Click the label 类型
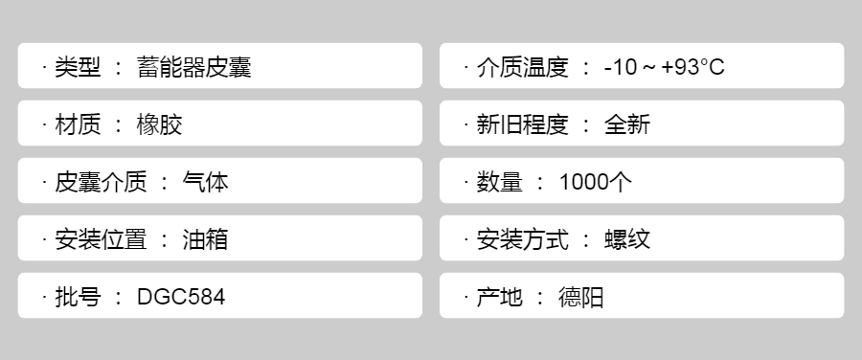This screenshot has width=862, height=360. [x=78, y=67]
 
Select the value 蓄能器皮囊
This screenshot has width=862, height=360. [x=194, y=67]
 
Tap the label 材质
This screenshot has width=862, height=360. [x=78, y=124]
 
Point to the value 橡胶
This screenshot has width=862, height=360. [x=159, y=124]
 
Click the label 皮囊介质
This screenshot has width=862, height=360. [x=101, y=182]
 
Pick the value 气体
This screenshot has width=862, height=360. [x=205, y=182]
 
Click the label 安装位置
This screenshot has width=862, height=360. [x=101, y=239]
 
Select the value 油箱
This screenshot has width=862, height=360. [x=205, y=239]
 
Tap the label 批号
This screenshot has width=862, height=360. [x=78, y=297]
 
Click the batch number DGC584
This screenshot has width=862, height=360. [x=181, y=297]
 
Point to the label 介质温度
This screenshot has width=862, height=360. [x=522, y=67]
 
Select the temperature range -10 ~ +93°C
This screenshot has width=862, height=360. [x=664, y=67]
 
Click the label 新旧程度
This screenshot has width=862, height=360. [x=522, y=124]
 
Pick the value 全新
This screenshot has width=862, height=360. [x=626, y=124]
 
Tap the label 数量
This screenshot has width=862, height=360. [x=499, y=182]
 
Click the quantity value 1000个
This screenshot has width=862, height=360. [x=596, y=182]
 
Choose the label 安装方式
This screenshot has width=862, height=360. [x=522, y=239]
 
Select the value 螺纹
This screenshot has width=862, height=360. [x=626, y=239]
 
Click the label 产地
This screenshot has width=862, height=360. [x=499, y=297]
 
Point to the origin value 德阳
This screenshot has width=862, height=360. [x=581, y=297]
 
